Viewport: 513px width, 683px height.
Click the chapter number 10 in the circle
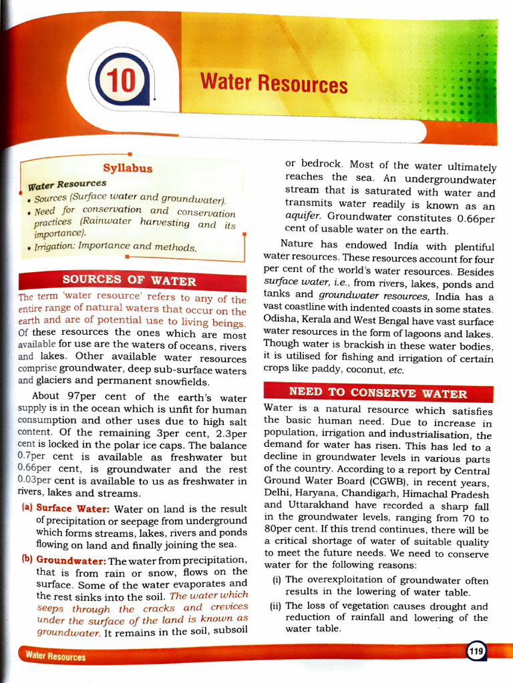(122, 82)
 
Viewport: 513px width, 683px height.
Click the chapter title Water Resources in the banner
(274, 84)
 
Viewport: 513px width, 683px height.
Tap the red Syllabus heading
(128, 168)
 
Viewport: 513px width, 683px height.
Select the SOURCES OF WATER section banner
(129, 281)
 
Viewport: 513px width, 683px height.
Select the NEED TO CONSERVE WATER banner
(377, 393)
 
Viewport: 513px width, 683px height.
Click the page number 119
(476, 652)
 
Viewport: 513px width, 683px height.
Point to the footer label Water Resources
(55, 656)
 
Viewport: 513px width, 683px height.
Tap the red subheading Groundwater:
(71, 560)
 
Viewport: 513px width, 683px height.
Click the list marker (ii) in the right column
(275, 606)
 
